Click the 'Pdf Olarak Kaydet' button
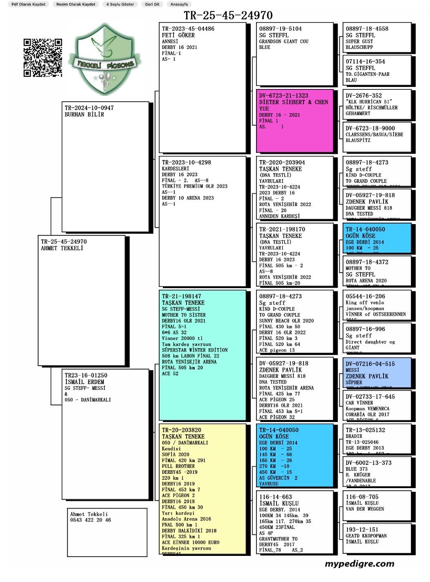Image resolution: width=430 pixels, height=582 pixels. tap(28, 4)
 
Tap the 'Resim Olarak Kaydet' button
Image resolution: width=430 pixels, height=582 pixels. tap(76, 4)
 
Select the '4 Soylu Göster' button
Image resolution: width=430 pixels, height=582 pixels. tap(120, 4)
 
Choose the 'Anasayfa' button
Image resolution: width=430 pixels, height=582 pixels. tap(179, 4)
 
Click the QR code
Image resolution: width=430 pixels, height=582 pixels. tap(42, 58)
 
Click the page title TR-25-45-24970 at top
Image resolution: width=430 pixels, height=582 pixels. tap(228, 16)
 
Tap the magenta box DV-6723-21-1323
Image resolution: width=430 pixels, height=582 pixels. tap(294, 121)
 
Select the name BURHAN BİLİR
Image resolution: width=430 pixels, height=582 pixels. tap(84, 115)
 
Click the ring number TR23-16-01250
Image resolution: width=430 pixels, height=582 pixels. tap(86, 375)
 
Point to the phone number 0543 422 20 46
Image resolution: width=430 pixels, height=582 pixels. tap(90, 520)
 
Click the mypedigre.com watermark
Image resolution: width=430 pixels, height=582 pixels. tap(359, 564)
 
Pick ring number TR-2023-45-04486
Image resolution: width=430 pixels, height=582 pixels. tap(188, 29)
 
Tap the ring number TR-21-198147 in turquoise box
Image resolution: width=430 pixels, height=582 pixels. tap(181, 297)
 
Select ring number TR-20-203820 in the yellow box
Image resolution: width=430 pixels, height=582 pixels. tap(181, 430)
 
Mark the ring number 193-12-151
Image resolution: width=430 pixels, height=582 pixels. tap(362, 530)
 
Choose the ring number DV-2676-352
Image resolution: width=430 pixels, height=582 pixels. tap(363, 96)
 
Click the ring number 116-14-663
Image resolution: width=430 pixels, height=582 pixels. tap(275, 497)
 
